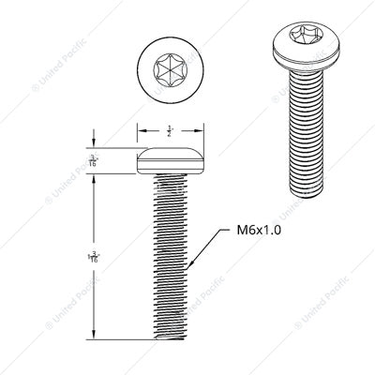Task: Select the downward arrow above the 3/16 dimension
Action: point(95,143)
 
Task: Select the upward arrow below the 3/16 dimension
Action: point(95,179)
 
